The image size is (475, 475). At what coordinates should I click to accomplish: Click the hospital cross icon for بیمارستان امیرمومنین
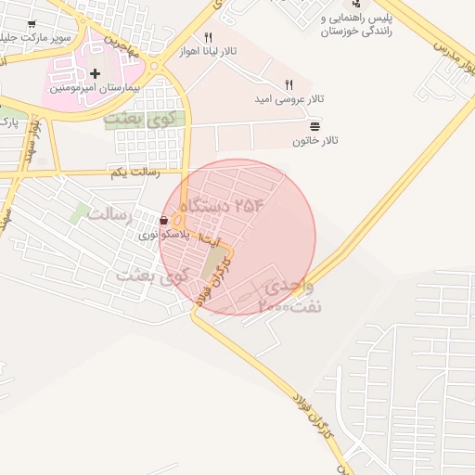coord(95,72)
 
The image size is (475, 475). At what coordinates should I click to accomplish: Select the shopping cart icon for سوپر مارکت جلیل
coord(32,24)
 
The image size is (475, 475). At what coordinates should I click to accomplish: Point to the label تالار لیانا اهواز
coord(209,52)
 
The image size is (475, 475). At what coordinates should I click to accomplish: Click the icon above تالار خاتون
coord(315,125)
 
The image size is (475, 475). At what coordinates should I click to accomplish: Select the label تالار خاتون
coord(316,141)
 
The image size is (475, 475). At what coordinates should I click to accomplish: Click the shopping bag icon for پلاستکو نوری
coord(164,221)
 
